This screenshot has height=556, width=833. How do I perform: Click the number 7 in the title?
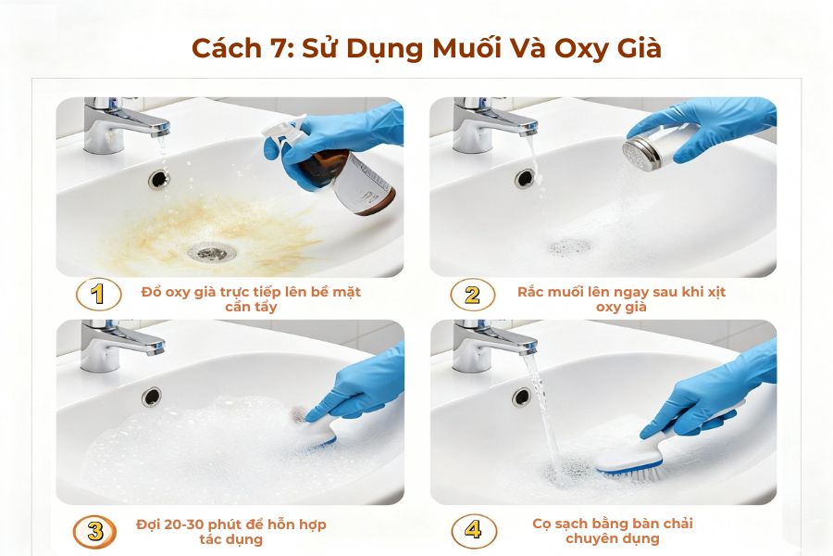276,48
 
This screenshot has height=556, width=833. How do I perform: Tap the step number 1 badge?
97,296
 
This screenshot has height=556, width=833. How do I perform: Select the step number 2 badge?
472,296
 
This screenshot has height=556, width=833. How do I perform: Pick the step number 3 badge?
95,531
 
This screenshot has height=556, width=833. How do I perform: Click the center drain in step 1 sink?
208,250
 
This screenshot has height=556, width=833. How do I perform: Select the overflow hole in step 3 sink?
151,397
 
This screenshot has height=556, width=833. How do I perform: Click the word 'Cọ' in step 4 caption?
542,524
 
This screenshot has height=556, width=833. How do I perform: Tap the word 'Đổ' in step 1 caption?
152,292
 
